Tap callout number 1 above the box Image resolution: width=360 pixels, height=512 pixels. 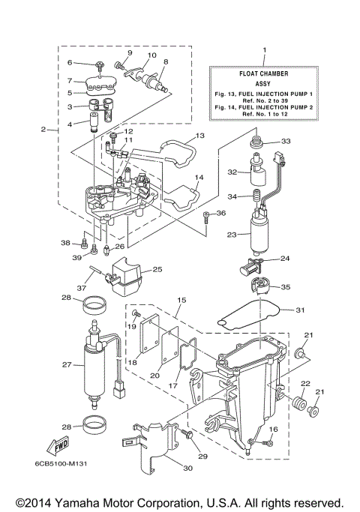tap(263, 50)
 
